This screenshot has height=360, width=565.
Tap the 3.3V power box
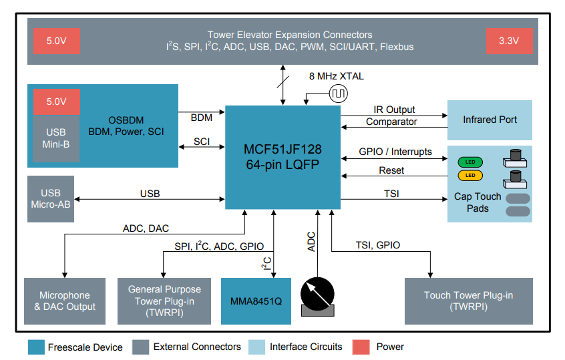pyautogui.click(x=509, y=41)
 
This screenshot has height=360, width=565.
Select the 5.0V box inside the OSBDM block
pyautogui.click(x=56, y=102)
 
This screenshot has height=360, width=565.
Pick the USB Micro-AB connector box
pyautogui.click(x=51, y=199)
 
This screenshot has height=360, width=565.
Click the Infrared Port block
pyautogui.click(x=489, y=120)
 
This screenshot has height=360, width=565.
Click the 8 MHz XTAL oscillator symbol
pyautogui.click(x=338, y=94)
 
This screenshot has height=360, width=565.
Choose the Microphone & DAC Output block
pyautogui.click(x=64, y=301)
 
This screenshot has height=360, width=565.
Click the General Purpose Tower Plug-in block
pyautogui.click(x=164, y=301)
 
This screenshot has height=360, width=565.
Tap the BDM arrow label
pyautogui.click(x=201, y=118)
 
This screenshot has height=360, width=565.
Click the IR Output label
pyautogui.click(x=394, y=109)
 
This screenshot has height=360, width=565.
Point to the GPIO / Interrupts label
pyautogui.click(x=395, y=152)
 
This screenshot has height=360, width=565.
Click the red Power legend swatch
pyautogui.click(x=361, y=347)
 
